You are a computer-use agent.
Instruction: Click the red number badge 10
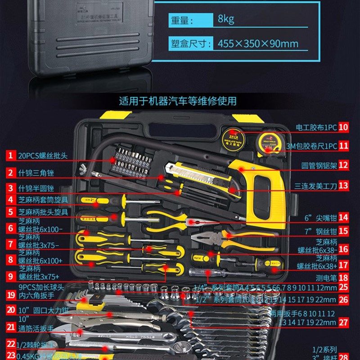point(344,127)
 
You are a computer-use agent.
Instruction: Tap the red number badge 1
point(9,156)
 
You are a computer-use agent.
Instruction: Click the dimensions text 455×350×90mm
point(258,44)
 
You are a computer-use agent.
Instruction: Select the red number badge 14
point(344,217)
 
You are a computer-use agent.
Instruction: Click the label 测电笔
point(325,278)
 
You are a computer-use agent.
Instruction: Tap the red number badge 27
point(344,322)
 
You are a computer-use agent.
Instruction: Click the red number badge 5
point(9,211)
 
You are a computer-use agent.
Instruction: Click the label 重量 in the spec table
point(182,20)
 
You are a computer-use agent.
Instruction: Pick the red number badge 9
point(9,276)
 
